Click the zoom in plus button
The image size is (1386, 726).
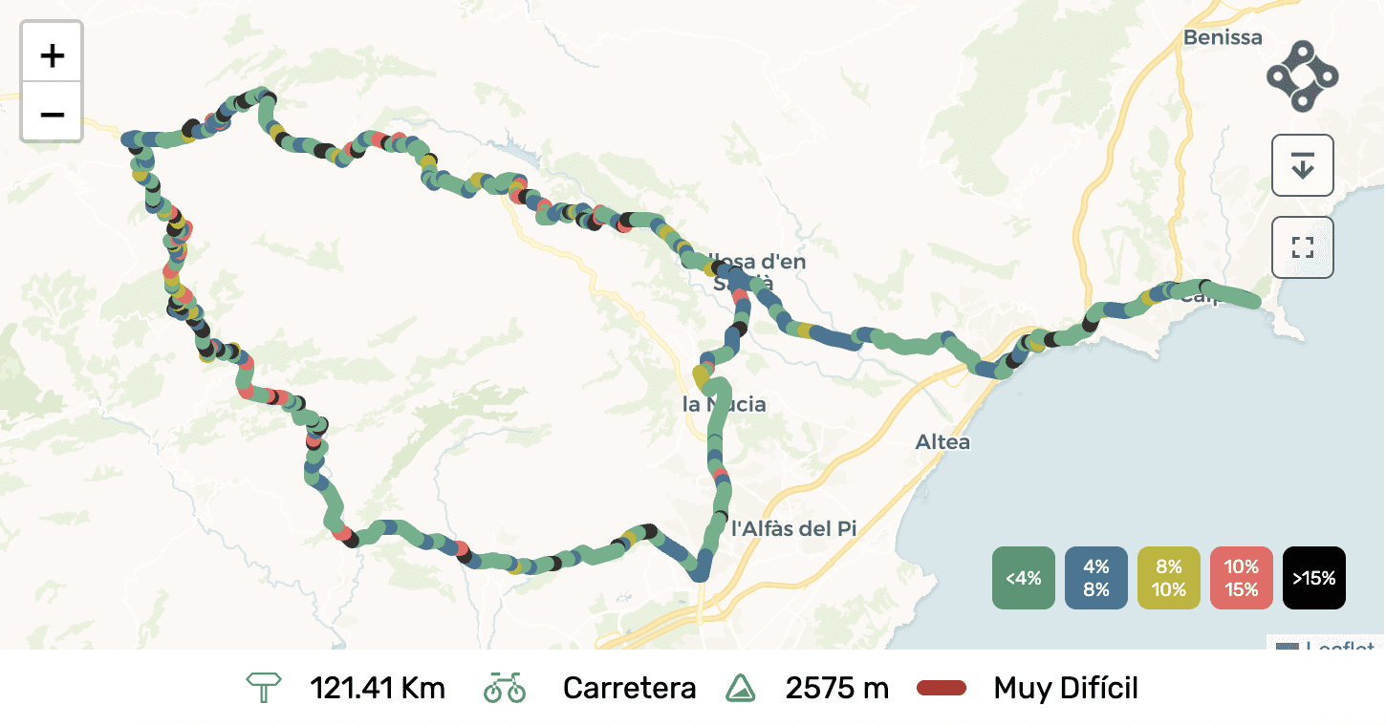click(x=52, y=55)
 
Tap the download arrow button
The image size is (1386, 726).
click(x=1302, y=165)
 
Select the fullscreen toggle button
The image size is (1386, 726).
click(x=1302, y=247)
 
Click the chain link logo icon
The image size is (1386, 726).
click(x=1302, y=75)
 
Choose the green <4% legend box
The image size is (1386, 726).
click(x=1023, y=578)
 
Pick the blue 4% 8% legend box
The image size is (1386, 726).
click(x=1095, y=578)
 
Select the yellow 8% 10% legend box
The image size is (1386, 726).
click(x=1168, y=578)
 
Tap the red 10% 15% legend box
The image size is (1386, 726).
click(x=1241, y=578)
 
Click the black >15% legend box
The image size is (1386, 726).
click(x=1313, y=578)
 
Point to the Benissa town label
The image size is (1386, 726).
click(x=1223, y=38)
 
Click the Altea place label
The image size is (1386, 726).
click(x=942, y=442)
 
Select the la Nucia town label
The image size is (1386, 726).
click(x=724, y=405)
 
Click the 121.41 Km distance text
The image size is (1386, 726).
click(x=378, y=688)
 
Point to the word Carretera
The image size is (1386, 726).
click(x=629, y=688)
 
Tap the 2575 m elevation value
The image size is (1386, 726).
click(x=836, y=688)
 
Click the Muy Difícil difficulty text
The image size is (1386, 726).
click(x=1066, y=688)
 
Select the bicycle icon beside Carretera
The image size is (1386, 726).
click(x=505, y=688)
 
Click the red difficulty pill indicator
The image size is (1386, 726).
click(x=942, y=688)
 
